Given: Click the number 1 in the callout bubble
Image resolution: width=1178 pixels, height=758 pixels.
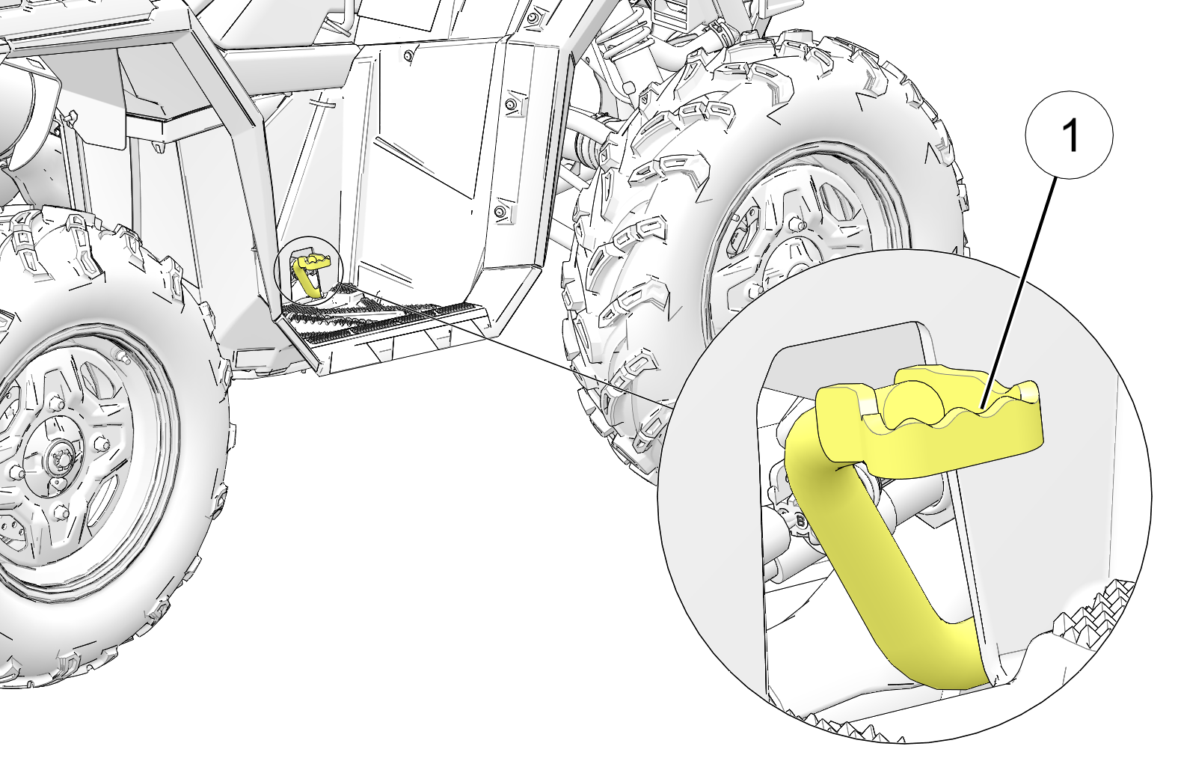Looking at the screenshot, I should pos(1070,136).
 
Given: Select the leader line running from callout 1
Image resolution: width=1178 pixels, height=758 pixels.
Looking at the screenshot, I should pos(1025,284).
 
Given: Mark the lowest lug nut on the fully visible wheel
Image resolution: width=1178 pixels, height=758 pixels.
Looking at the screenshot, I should pos(60,512).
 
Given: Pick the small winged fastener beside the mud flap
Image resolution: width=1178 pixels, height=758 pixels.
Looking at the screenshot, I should pos(71,117).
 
